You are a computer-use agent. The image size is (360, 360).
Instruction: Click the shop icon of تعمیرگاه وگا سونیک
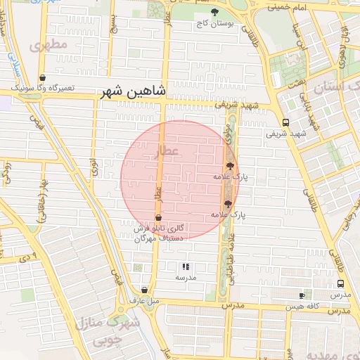(x=43, y=78)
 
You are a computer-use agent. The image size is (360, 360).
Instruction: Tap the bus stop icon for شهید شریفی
(x=285, y=122)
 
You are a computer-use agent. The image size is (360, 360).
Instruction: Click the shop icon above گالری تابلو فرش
(x=157, y=217)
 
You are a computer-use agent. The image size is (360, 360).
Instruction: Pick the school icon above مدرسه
(x=186, y=266)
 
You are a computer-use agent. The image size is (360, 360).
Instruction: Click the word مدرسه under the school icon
(x=186, y=278)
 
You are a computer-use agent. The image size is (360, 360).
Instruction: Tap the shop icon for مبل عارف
(x=144, y=290)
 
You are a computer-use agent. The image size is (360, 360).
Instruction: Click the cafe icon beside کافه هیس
(x=302, y=296)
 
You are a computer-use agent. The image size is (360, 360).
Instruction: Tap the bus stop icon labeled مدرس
(x=341, y=285)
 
